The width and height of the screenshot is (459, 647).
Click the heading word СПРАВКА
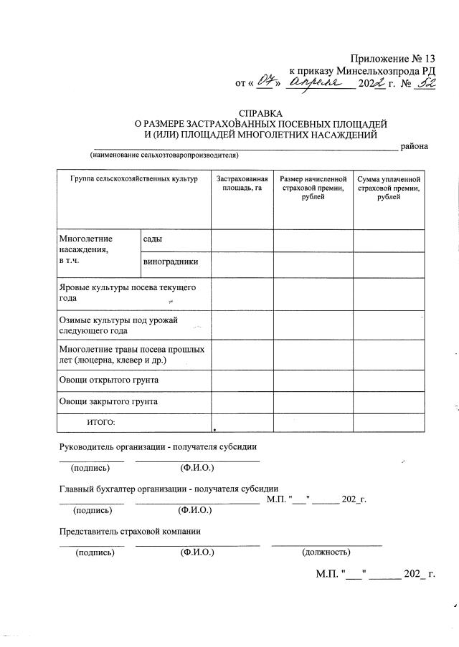tap(261, 113)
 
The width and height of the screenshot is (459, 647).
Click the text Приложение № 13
tap(393, 59)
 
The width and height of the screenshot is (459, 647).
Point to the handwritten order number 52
tap(427, 84)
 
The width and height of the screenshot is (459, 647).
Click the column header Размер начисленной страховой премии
tap(313, 187)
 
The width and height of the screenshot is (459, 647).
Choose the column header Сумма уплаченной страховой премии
tap(389, 187)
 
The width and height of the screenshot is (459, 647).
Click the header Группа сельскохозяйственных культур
tap(133, 178)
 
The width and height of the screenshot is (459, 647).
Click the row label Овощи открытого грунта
tap(108, 379)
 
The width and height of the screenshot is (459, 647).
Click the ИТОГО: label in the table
tap(100, 423)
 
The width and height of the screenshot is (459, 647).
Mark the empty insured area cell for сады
tap(242, 241)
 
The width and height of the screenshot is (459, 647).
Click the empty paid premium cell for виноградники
tap(389, 264)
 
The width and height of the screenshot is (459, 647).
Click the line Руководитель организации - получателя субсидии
tap(158, 447)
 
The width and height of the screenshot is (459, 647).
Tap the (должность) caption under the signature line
tap(326, 552)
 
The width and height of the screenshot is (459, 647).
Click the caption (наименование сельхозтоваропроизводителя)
tap(164, 155)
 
